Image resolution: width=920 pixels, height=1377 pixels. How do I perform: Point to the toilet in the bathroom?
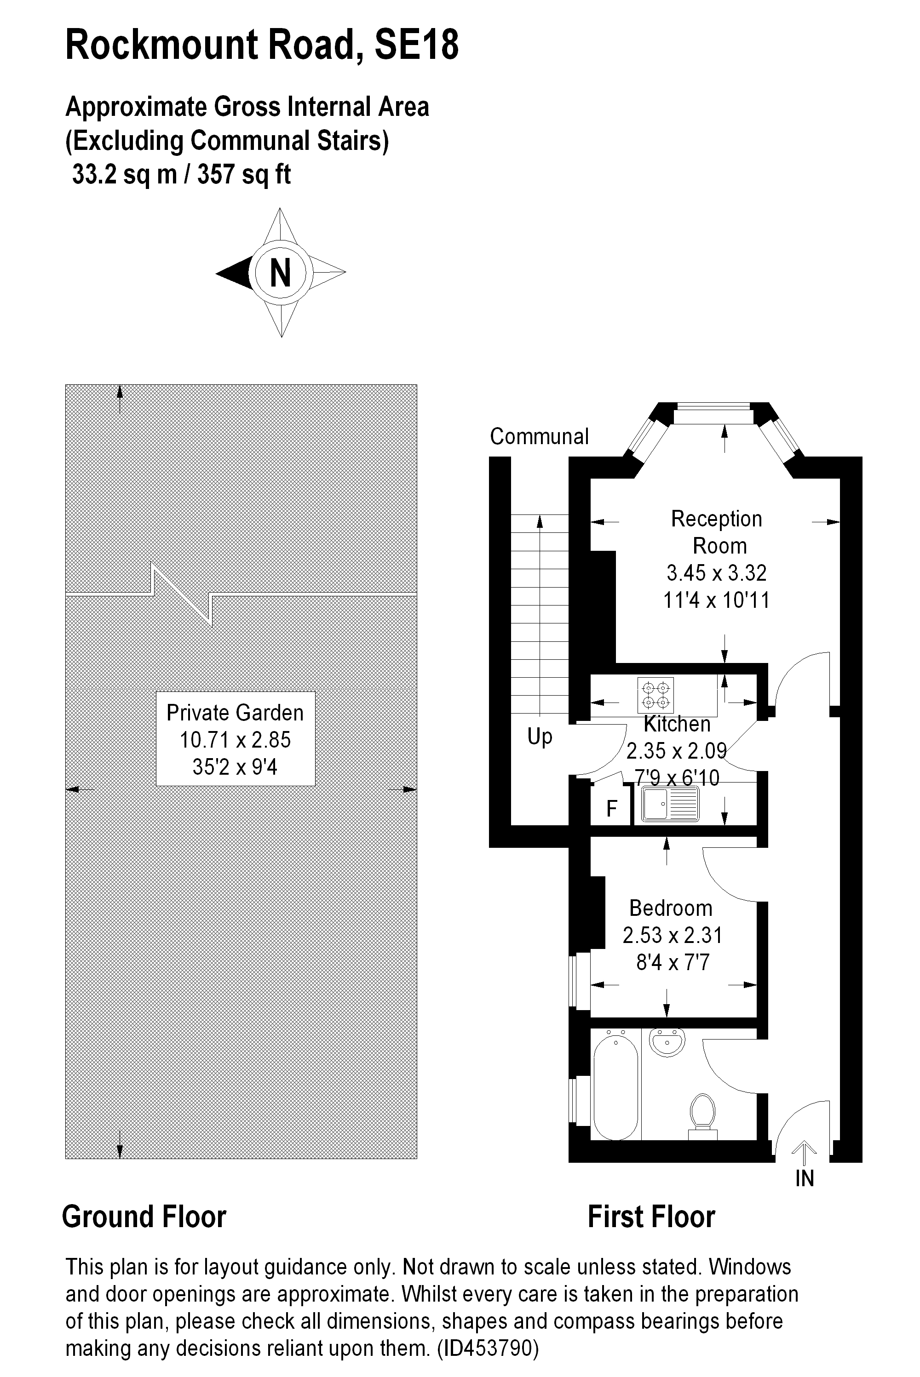click(x=703, y=1113)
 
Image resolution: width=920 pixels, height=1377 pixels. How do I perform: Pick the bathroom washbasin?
click(x=667, y=1043)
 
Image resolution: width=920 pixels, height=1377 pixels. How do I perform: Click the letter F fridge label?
click(x=611, y=809)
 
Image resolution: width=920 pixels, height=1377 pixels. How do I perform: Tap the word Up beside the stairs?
click(x=540, y=737)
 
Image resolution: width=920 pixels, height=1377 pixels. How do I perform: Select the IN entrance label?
click(x=805, y=1179)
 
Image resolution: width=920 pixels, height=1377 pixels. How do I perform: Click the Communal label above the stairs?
click(x=539, y=436)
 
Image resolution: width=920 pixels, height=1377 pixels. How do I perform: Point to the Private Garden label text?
click(x=235, y=713)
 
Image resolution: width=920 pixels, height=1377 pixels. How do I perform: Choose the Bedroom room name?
click(x=671, y=908)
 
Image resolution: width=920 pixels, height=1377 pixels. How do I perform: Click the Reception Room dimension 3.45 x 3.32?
click(x=716, y=572)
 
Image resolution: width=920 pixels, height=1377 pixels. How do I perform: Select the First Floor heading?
click(x=651, y=1217)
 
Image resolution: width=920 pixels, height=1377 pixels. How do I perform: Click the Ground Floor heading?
click(x=144, y=1217)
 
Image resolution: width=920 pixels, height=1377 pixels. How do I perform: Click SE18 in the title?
click(x=417, y=46)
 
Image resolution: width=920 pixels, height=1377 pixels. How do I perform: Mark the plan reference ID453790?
click(x=488, y=1348)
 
